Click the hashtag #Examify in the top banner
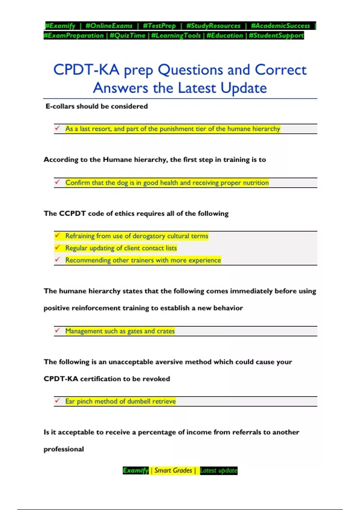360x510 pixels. [60, 26]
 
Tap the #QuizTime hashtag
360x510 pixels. [127, 35]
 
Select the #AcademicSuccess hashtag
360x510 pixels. [280, 26]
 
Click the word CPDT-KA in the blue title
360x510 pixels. [86, 70]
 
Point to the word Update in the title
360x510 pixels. [244, 88]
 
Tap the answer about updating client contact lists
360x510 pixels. [121, 248]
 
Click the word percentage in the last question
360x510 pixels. [157, 432]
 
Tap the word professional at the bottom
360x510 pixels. [64, 449]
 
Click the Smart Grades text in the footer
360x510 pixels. [173, 470]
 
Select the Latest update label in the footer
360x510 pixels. [218, 470]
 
